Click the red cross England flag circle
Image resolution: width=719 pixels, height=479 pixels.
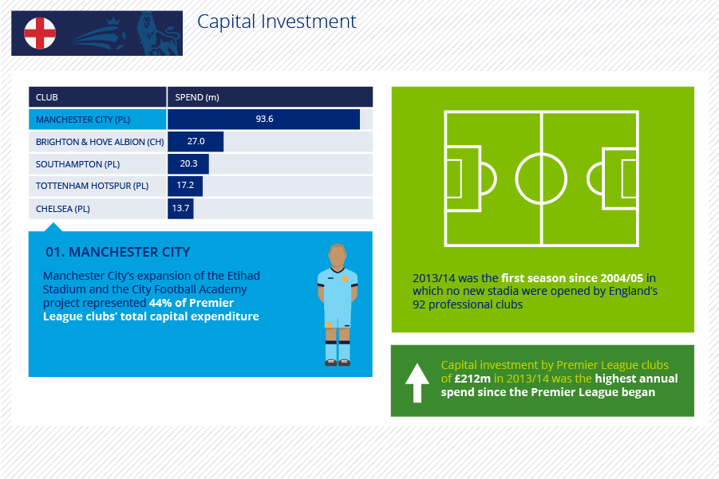coord(40,33)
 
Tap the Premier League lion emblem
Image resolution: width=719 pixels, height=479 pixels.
coord(157,33)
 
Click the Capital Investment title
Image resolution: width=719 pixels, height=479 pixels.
coord(276,22)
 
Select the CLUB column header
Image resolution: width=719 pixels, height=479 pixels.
coord(47,97)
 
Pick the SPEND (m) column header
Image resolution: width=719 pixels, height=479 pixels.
coord(197,97)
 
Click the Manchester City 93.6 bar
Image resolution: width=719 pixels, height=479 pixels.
coord(263,119)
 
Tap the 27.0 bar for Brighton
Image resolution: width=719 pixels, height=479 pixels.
coord(196,142)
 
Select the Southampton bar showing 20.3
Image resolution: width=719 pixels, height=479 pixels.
coord(188,163)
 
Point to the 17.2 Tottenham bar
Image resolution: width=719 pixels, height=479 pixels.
coord(185,186)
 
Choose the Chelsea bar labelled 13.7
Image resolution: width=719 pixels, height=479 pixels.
coord(180,208)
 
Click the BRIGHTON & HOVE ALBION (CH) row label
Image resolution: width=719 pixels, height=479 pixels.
coord(100,142)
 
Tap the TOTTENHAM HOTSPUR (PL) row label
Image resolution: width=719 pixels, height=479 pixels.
coord(92,186)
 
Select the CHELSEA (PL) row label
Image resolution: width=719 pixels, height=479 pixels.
coord(63,209)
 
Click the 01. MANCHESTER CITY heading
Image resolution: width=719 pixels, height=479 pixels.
coord(118,252)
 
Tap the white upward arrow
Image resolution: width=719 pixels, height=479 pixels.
coord(417,383)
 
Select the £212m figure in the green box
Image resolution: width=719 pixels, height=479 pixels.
coord(472,379)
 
